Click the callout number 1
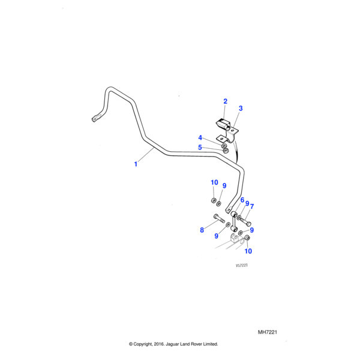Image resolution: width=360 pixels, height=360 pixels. point(136,164)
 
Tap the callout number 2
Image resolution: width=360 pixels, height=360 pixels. point(225,101)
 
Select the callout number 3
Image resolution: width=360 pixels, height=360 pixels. point(240,109)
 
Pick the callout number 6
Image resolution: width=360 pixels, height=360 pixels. point(242,200)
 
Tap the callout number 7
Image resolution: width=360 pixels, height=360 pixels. point(252,207)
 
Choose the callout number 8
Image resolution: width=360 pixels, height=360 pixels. point(202,230)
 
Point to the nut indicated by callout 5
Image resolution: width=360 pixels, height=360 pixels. point(225,150)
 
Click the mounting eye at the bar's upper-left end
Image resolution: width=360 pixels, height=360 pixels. point(94,119)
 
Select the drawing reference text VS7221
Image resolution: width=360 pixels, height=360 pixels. point(242,265)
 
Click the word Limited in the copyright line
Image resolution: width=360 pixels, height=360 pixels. point(209,344)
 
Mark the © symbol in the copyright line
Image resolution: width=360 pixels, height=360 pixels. point(131,344)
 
